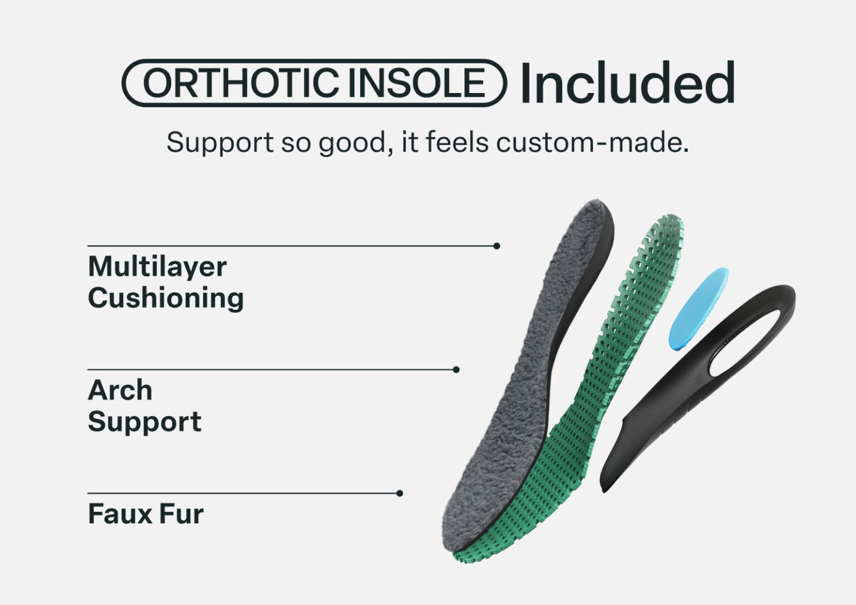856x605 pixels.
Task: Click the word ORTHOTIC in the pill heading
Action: (241, 83)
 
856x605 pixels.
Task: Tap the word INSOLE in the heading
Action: (416, 83)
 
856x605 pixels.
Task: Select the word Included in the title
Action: (627, 82)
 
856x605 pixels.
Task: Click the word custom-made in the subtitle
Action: (592, 143)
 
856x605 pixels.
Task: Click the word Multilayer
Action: (158, 267)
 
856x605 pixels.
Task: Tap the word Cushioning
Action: (166, 299)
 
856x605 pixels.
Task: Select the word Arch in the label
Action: (120, 390)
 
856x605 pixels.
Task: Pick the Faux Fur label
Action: (146, 514)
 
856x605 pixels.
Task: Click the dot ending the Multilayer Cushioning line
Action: (497, 246)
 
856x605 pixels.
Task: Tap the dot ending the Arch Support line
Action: (456, 370)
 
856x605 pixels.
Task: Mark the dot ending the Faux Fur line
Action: (400, 494)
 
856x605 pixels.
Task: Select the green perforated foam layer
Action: (611, 382)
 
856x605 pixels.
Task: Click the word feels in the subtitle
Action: (457, 142)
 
